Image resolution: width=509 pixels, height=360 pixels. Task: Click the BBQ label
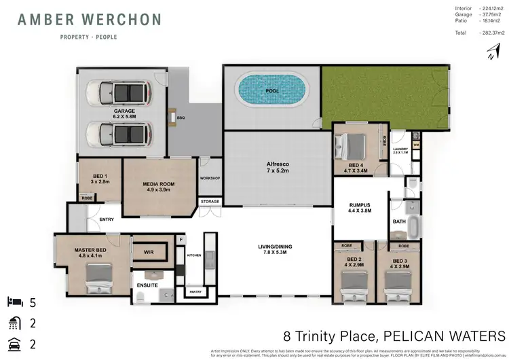point(181,118)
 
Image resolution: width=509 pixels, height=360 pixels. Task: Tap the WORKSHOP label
point(210,179)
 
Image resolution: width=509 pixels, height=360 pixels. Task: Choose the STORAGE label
point(210,202)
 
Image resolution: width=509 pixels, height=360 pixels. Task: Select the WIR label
point(149,252)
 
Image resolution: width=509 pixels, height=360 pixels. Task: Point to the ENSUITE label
point(148,285)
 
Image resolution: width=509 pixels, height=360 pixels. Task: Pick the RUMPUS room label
point(359,206)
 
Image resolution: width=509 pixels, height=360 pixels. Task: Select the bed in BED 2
point(352,283)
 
